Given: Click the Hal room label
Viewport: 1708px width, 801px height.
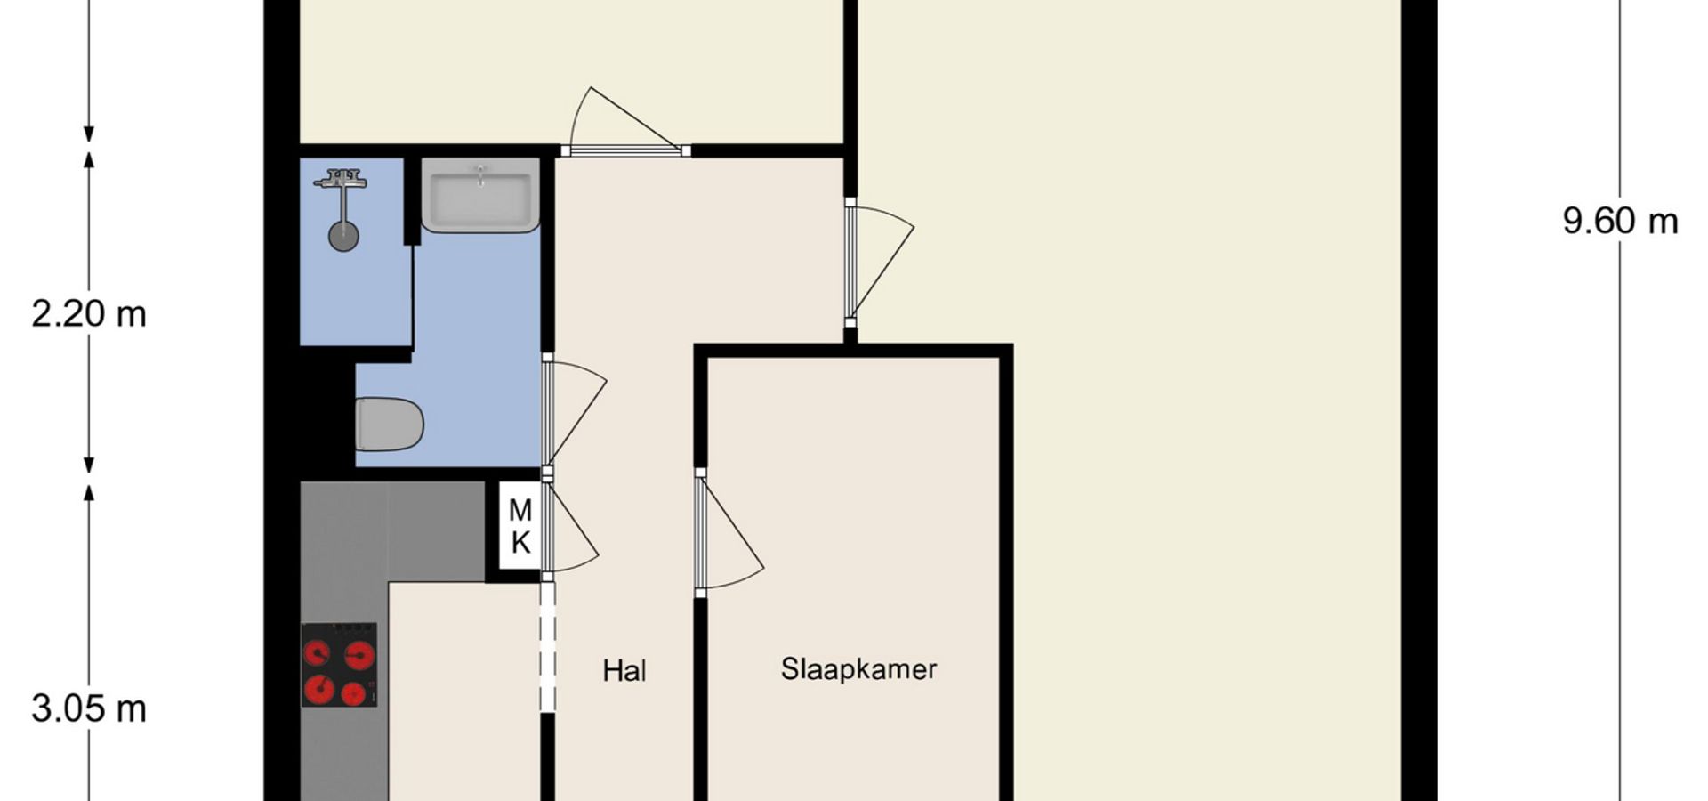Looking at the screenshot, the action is pos(624,670).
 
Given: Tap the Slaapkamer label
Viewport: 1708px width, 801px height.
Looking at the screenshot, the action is pos(858,668).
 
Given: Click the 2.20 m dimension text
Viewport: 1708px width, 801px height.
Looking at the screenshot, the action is pos(89,314).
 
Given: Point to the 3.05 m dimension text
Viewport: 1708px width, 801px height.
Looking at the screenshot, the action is pos(89,709).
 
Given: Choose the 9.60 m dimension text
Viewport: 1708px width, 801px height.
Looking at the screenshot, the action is pos(1620,221).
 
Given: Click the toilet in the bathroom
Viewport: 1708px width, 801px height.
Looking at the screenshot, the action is pos(389,424).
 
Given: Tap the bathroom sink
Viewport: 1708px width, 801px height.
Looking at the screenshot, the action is pos(480,195).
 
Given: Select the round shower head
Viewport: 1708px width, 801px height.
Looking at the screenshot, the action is pos(343,237).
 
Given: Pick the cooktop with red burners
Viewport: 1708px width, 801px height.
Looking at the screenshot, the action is pos(339,665).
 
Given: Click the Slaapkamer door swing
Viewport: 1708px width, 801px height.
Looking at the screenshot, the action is pos(729,532).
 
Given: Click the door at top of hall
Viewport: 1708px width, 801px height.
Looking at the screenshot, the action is pos(626,122).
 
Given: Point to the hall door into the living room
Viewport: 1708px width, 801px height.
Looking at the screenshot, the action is pos(880,262).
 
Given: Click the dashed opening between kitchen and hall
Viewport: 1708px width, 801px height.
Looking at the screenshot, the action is pos(547,647).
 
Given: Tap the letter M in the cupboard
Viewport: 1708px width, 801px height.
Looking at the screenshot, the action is pos(520,511).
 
